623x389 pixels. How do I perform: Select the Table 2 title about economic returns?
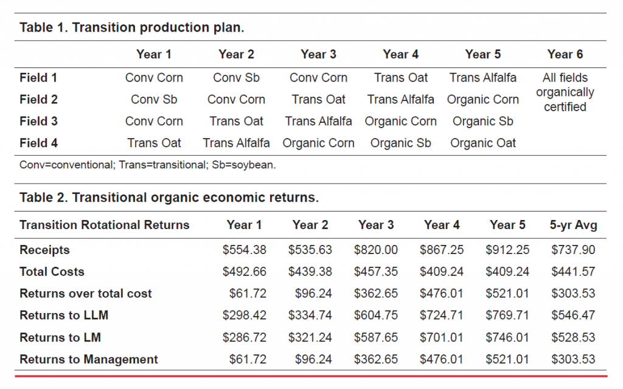(x=169, y=198)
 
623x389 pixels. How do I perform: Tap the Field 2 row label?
(x=38, y=100)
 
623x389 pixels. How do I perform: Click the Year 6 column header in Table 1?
(x=565, y=55)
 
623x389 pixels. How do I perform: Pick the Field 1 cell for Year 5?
(x=482, y=78)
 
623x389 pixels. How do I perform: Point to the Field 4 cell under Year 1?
(x=154, y=143)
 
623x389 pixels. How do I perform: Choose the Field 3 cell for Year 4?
(x=400, y=122)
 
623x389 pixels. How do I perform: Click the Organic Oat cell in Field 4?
(x=482, y=143)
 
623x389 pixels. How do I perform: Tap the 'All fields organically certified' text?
(x=565, y=92)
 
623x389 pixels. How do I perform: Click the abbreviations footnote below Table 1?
(x=147, y=165)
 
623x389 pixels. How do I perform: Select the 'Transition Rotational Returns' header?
(x=104, y=225)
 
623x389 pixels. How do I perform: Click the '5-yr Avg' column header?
(x=573, y=225)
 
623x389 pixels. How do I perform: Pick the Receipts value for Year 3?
(x=376, y=250)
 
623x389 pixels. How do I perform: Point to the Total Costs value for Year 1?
(x=245, y=272)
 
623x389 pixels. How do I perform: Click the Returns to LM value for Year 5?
(x=507, y=337)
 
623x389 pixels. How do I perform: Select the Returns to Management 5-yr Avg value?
(x=573, y=359)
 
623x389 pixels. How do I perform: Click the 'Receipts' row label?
(x=44, y=250)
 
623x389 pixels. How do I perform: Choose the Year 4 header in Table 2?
(x=442, y=225)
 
